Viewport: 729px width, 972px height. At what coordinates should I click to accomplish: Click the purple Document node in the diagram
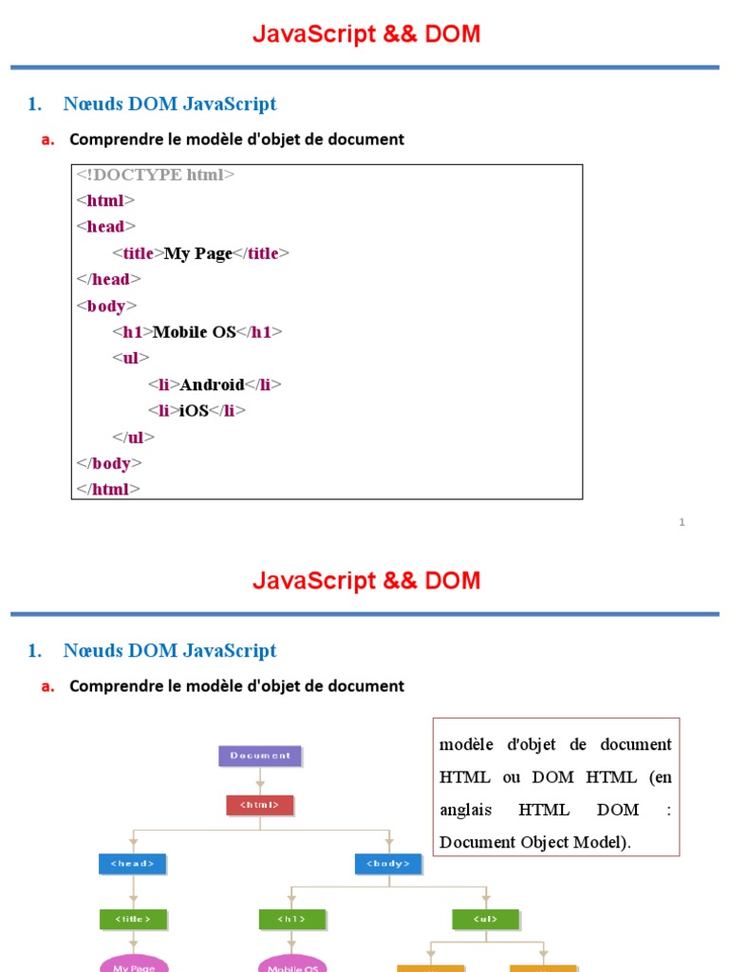[x=260, y=756]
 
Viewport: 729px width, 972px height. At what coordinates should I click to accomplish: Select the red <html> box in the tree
[x=260, y=805]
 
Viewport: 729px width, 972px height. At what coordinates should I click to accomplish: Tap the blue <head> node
[x=133, y=864]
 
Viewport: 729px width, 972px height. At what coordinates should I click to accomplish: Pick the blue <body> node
[x=388, y=864]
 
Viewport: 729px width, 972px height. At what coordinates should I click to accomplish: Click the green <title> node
[x=133, y=919]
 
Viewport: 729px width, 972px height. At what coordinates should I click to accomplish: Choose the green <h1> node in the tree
[x=292, y=919]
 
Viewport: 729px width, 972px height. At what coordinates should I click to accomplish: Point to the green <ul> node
[x=485, y=919]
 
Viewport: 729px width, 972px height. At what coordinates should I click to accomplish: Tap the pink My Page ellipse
[x=133, y=965]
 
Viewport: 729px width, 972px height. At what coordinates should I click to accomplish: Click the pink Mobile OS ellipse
[x=292, y=965]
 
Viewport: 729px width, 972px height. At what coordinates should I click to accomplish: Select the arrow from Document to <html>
[x=260, y=781]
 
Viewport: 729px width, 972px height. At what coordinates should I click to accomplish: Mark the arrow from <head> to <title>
[x=133, y=892]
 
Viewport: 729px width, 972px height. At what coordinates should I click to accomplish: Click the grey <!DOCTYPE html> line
[x=156, y=175]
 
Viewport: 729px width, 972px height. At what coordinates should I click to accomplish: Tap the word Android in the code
[x=212, y=384]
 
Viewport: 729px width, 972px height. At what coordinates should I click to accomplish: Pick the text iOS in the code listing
[x=194, y=411]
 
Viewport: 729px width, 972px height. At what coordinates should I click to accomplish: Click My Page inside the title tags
[x=198, y=253]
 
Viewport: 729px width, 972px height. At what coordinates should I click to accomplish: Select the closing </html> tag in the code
[x=108, y=489]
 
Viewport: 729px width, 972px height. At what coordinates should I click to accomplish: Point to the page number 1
[x=682, y=522]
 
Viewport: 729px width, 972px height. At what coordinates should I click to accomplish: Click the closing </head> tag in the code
[x=108, y=279]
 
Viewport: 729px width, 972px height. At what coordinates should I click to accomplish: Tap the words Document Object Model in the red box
[x=533, y=842]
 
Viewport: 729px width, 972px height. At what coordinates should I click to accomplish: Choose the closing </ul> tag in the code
[x=133, y=438]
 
